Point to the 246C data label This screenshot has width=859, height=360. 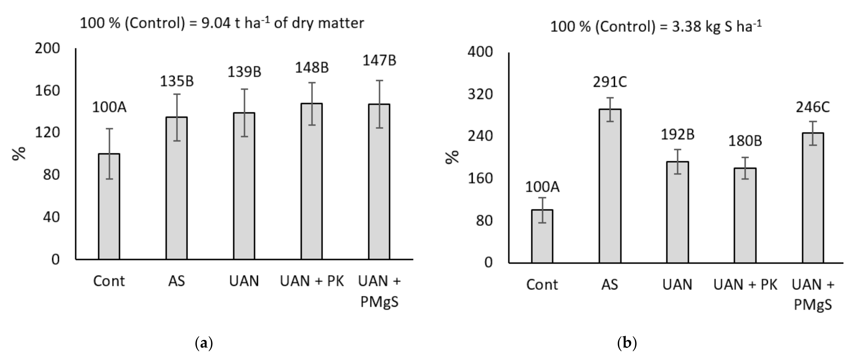813,107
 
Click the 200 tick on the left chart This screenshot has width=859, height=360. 47,48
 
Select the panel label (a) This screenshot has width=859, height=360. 203,343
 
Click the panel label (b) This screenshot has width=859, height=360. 627,343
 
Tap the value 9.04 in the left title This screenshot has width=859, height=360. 216,23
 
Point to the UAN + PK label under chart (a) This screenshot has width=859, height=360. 312,281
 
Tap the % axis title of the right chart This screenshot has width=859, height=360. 452,157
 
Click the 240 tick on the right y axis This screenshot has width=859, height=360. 480,137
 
